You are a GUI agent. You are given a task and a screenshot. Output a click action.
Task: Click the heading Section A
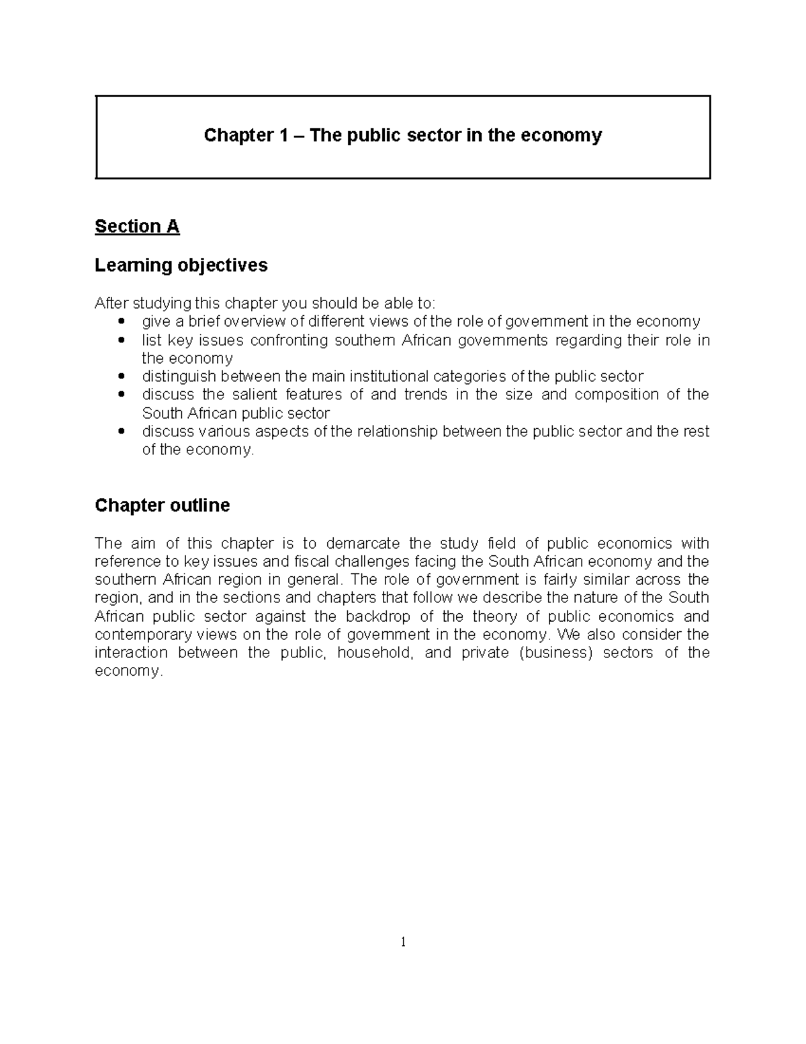137,227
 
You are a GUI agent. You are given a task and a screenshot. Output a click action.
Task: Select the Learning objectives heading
181,266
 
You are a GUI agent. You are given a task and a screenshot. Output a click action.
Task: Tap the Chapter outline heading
162,506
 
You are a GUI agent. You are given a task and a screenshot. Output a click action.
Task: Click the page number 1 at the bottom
403,942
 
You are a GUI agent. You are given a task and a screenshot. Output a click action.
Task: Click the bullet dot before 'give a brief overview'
121,322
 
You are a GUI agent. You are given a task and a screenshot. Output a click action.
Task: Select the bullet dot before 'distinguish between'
121,376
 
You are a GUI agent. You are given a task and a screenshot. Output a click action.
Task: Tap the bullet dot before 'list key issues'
121,340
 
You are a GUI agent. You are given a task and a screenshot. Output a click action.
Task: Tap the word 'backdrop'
378,616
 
